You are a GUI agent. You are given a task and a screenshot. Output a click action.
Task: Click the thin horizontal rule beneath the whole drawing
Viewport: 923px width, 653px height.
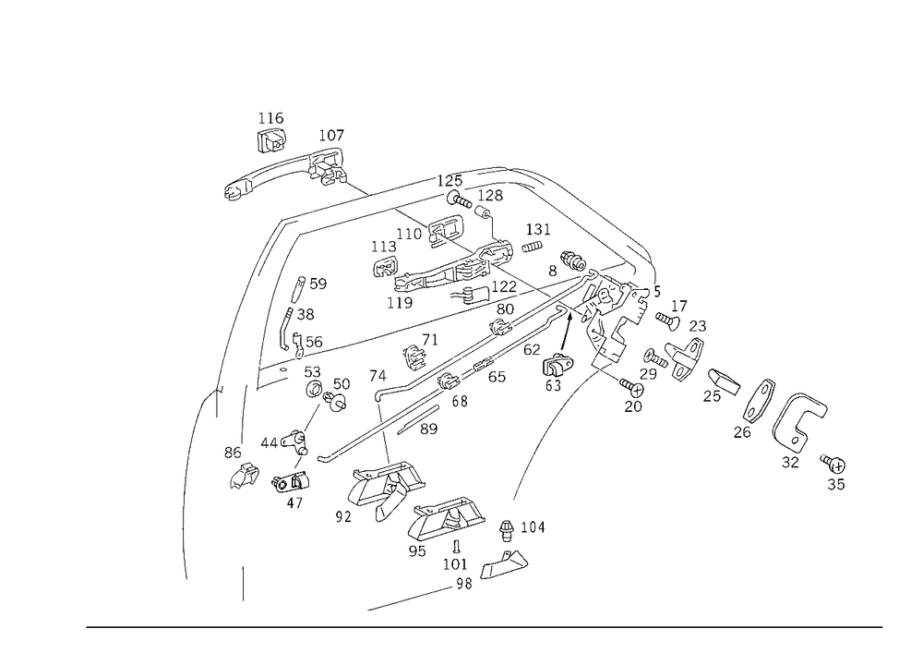click(x=485, y=626)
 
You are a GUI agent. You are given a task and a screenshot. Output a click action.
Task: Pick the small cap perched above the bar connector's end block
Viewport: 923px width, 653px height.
click(x=329, y=137)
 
